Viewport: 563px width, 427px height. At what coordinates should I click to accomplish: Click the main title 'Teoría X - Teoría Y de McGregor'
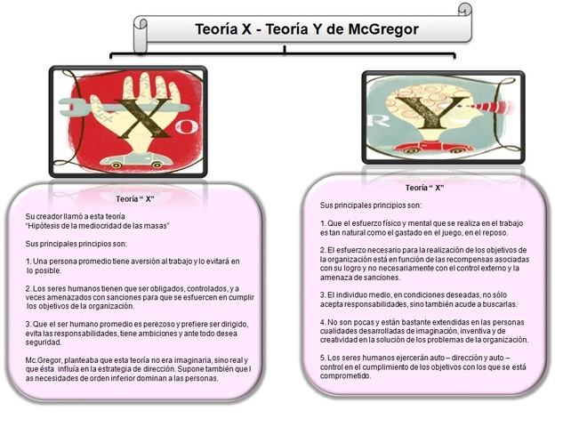coord(306,29)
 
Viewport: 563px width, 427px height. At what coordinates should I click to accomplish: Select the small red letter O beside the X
coord(181,127)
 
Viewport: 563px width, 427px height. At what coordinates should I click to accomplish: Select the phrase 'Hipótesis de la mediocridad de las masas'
coord(97,226)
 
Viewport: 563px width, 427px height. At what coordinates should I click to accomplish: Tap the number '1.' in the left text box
coord(29,261)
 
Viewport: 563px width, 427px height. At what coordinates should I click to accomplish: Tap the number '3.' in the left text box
coord(29,323)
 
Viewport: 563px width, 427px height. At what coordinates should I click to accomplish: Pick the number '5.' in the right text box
coord(324,357)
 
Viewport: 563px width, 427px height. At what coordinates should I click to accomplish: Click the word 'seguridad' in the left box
coord(44,342)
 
